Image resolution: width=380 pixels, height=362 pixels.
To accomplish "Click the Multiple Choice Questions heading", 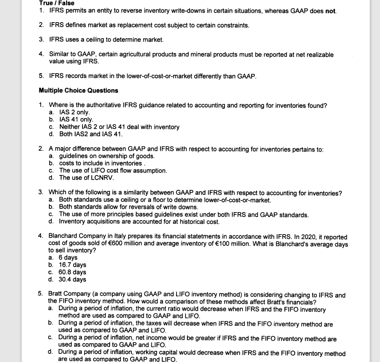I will (78, 90).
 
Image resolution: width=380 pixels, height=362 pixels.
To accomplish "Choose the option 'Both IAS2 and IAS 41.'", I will (91, 134).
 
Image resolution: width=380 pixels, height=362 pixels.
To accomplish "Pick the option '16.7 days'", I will (73, 265).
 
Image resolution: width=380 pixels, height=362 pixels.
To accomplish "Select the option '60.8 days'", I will (73, 272).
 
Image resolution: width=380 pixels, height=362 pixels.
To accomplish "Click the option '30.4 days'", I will (73, 279).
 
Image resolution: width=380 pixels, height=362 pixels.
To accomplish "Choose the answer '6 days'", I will (68, 258).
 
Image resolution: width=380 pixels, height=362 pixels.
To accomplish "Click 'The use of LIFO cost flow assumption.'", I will (113, 171).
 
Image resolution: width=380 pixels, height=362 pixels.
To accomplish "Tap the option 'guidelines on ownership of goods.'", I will (107, 156).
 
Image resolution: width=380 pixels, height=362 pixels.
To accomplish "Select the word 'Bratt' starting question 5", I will (56, 295).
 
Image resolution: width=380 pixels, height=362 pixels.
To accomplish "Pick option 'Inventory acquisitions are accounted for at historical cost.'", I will (139, 222).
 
